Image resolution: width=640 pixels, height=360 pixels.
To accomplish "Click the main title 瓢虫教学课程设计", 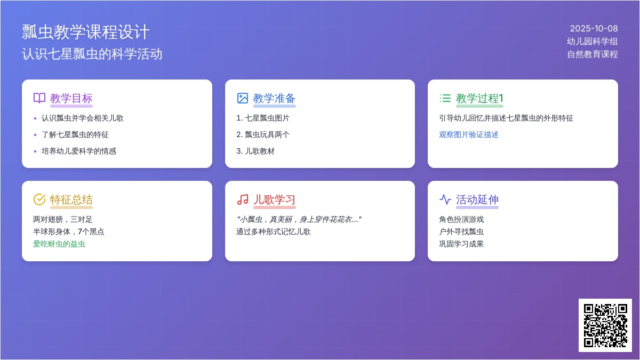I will tap(86, 32).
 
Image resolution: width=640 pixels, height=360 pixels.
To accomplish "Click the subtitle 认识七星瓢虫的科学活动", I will tap(92, 54).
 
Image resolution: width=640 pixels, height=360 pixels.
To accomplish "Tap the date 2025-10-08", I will tap(594, 29).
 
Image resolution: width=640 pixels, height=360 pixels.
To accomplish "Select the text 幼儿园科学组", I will tap(592, 42).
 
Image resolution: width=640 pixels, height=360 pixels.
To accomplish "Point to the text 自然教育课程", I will tap(592, 54).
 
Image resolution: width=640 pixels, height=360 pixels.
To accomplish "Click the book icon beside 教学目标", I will tap(39, 98).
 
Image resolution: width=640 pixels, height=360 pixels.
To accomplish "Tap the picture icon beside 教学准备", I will tap(243, 98).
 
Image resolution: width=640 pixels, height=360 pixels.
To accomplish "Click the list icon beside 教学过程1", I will tap(445, 98).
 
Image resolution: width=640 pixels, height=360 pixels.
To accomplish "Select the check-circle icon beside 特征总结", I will tap(39, 199).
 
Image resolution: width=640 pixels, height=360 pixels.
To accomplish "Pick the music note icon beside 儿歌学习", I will tap(243, 199).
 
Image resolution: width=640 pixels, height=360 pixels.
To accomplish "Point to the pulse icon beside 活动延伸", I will tap(445, 199).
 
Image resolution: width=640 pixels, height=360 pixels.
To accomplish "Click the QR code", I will tap(605, 325).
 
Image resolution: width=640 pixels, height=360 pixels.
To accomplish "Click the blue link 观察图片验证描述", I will tap(469, 134).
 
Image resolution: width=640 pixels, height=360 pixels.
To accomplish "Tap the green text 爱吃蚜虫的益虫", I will tap(59, 244).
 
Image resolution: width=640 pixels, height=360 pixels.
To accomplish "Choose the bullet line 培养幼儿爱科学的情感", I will tap(79, 151).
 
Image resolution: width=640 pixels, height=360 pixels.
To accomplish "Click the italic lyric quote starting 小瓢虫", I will tap(299, 219).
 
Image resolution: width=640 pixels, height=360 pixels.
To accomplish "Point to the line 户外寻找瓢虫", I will tap(461, 231).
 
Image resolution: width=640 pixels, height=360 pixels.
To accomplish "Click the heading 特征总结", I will tap(71, 199).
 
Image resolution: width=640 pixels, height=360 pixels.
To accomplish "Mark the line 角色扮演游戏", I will tap(461, 219).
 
